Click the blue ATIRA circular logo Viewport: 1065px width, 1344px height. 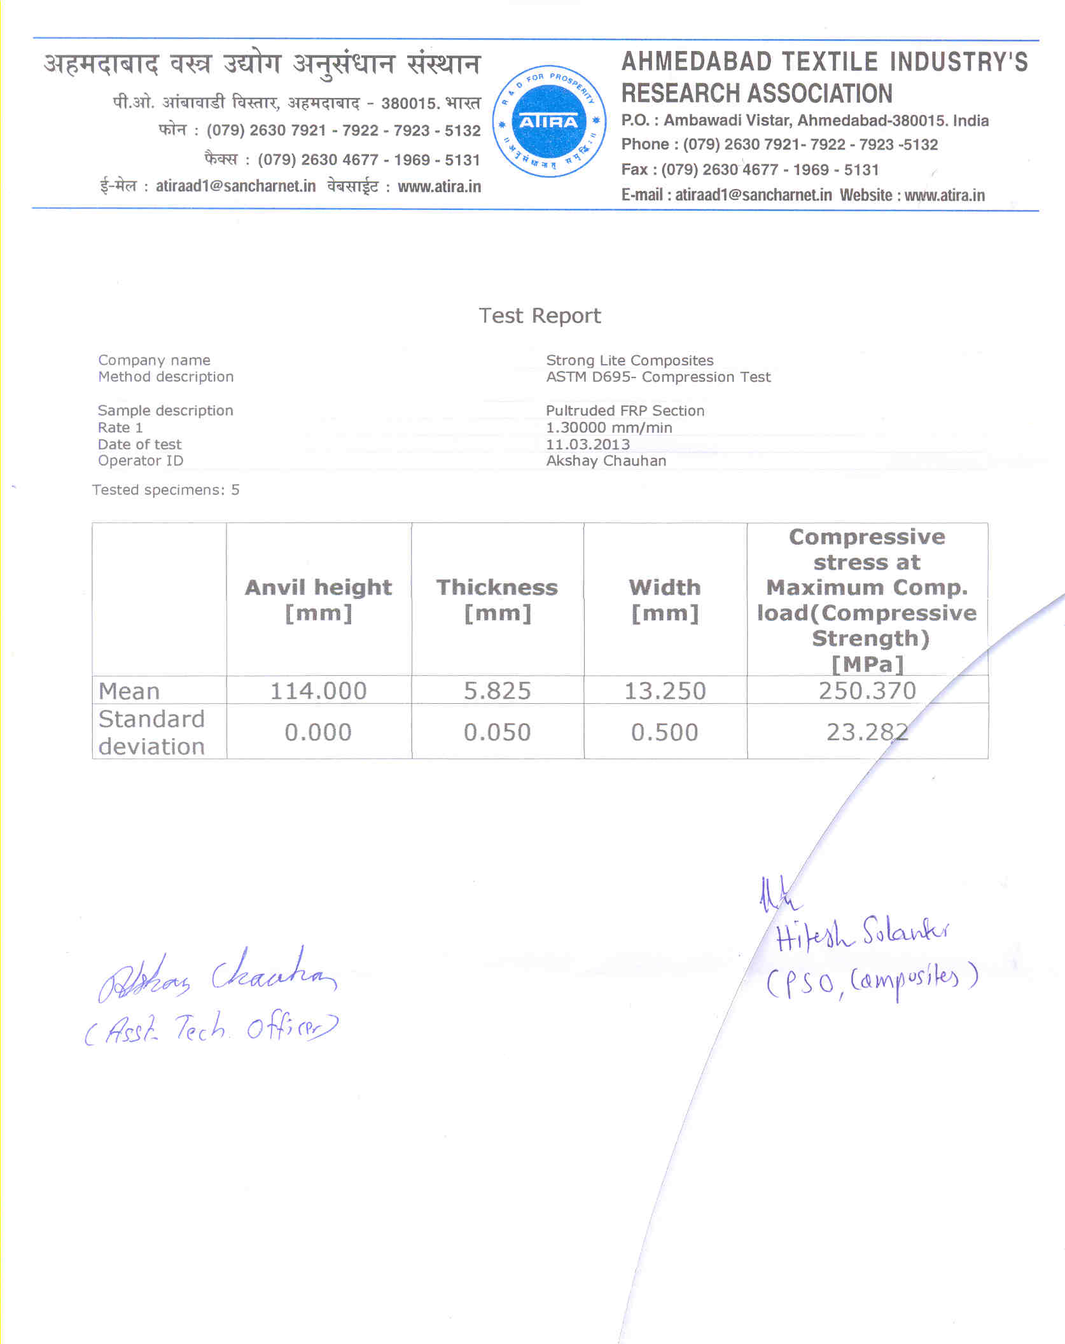[548, 122]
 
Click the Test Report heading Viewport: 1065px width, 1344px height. [539, 316]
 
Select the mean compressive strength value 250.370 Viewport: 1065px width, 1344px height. [867, 690]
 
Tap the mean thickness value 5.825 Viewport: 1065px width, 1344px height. [497, 690]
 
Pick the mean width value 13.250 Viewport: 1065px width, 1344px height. [665, 690]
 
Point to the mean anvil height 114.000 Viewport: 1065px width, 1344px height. [318, 690]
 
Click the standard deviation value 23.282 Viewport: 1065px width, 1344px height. [867, 732]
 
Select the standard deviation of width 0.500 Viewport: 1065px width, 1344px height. [665, 732]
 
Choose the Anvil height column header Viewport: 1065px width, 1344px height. [318, 599]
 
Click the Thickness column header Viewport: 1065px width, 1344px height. [497, 599]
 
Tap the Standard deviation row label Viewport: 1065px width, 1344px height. [151, 732]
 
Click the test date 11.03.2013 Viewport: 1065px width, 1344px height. [588, 444]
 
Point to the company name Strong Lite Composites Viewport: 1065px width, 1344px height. [629, 360]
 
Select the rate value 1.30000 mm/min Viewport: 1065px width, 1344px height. [609, 428]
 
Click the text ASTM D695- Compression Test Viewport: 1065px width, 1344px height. [658, 377]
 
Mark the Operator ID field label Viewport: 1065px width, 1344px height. [140, 461]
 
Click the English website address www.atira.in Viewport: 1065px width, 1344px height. [944, 195]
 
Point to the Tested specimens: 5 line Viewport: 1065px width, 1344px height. [165, 490]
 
